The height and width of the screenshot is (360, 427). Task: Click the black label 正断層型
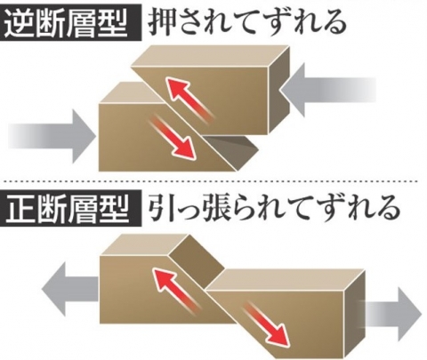coord(70,208)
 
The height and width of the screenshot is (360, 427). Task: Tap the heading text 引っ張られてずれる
coord(273,208)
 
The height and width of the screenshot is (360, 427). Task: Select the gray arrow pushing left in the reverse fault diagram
coord(328,90)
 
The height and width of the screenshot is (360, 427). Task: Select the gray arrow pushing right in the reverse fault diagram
coord(52,137)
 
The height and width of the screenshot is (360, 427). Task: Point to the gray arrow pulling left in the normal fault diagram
coord(70,289)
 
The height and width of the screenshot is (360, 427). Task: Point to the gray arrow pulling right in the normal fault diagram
coord(391,314)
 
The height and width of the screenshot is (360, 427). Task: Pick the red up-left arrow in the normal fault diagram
coord(175,287)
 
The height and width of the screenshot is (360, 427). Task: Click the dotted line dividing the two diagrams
coord(209,181)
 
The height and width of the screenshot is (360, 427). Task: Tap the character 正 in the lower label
coord(20,208)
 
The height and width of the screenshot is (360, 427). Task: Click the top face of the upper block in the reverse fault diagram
coord(210,56)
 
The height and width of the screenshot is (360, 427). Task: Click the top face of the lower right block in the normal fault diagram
coord(286,279)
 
